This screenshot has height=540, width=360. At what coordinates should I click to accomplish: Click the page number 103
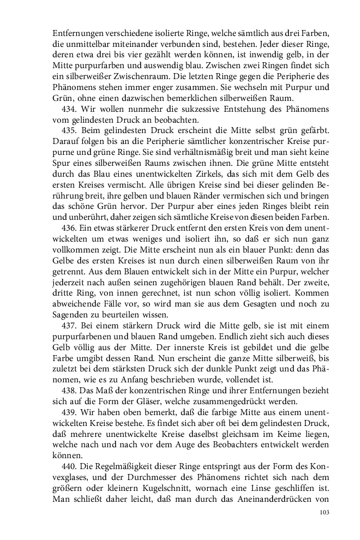pos(325,512)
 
